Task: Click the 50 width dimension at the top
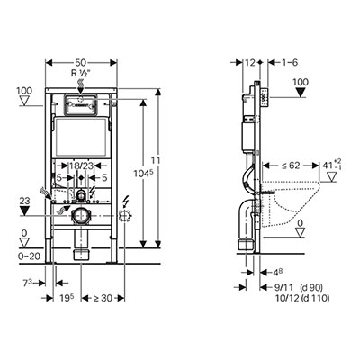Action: [80, 62]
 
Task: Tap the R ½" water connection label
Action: [81, 73]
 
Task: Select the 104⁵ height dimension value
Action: [144, 174]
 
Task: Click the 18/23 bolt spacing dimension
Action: [81, 166]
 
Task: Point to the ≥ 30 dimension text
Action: [103, 298]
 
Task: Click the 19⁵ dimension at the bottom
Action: [67, 298]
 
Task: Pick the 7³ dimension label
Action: [28, 282]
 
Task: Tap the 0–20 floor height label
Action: [30, 256]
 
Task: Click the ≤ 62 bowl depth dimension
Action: [290, 166]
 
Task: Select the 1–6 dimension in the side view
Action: [290, 62]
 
